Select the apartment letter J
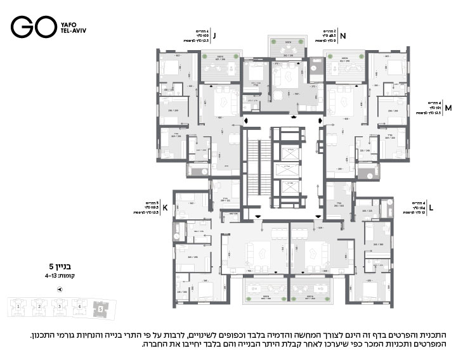(x=216, y=36)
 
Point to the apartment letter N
(x=342, y=36)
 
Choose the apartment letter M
(x=448, y=108)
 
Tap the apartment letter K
(x=165, y=207)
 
